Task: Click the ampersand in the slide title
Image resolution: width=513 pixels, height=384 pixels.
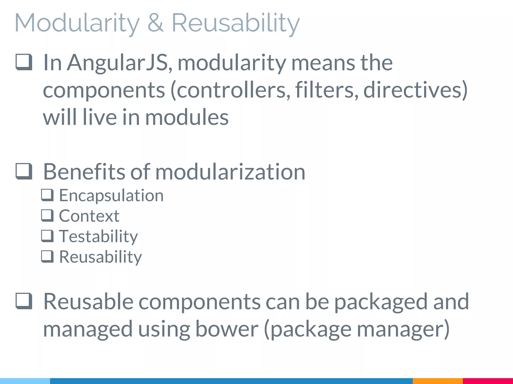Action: pos(156,23)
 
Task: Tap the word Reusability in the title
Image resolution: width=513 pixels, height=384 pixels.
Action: pos(235,23)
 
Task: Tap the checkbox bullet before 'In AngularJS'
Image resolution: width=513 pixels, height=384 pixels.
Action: pos(24,62)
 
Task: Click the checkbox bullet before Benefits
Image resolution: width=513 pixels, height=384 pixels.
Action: pos(24,171)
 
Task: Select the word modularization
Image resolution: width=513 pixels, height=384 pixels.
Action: pos(230,172)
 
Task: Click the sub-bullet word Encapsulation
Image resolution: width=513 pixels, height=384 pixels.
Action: pos(111,195)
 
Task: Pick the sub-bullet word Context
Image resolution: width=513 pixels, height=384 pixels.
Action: pos(89,216)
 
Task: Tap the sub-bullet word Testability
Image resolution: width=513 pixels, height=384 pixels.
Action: pos(98,236)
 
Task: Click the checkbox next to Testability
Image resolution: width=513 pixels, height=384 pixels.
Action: pos(47,236)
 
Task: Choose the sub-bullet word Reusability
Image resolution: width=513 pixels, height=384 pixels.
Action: pos(100,257)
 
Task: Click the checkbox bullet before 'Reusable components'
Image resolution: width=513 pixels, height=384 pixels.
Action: pos(24,301)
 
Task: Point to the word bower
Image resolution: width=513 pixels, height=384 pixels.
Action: pos(226,329)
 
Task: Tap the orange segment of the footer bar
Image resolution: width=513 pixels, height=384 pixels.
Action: pos(437,381)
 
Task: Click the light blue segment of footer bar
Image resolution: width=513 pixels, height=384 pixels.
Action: pos(25,381)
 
